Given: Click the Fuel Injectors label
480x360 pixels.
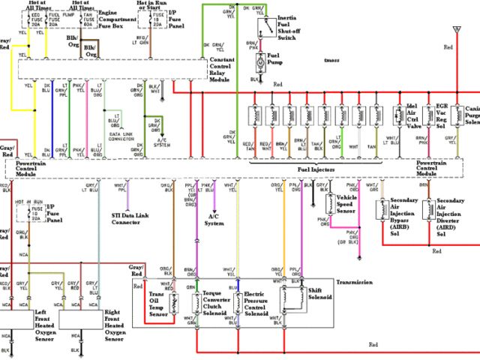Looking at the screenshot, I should [319, 170].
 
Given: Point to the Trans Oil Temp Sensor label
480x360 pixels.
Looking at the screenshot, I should [157, 304].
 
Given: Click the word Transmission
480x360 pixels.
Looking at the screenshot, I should [355, 283].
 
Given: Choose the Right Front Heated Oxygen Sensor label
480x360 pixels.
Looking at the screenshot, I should [112, 325].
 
